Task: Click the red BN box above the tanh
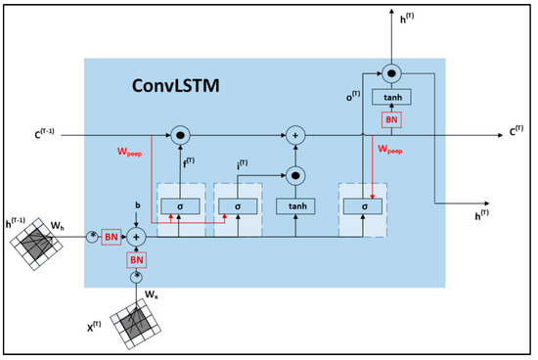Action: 391,119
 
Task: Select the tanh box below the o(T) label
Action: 391,97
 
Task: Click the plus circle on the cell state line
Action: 295,131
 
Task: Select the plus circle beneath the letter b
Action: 138,236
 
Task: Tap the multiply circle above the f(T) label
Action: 179,131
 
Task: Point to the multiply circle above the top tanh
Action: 391,72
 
